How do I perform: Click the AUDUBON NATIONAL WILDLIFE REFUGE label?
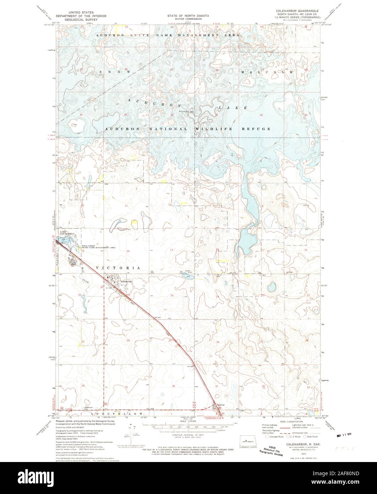(x=188, y=129)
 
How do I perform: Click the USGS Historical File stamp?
(x=275, y=441)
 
